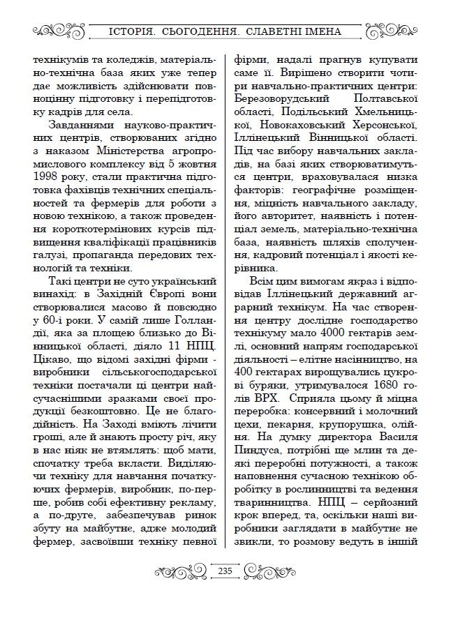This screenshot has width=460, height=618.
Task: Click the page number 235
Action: point(225,571)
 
